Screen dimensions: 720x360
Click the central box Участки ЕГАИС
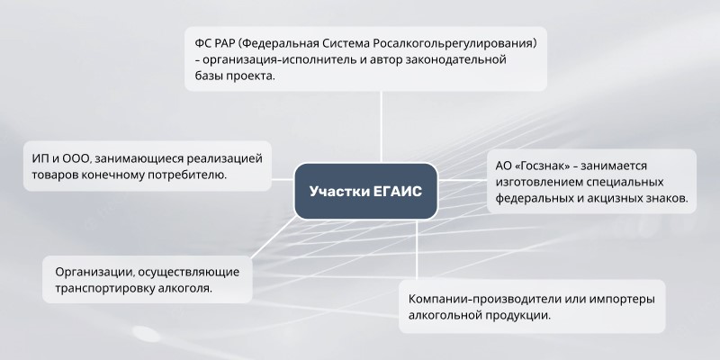click(365, 191)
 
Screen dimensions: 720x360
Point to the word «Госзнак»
click(544, 166)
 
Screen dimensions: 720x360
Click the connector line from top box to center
click(381, 127)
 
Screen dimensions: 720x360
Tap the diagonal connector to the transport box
click(274, 238)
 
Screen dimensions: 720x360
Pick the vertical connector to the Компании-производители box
click(417, 250)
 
